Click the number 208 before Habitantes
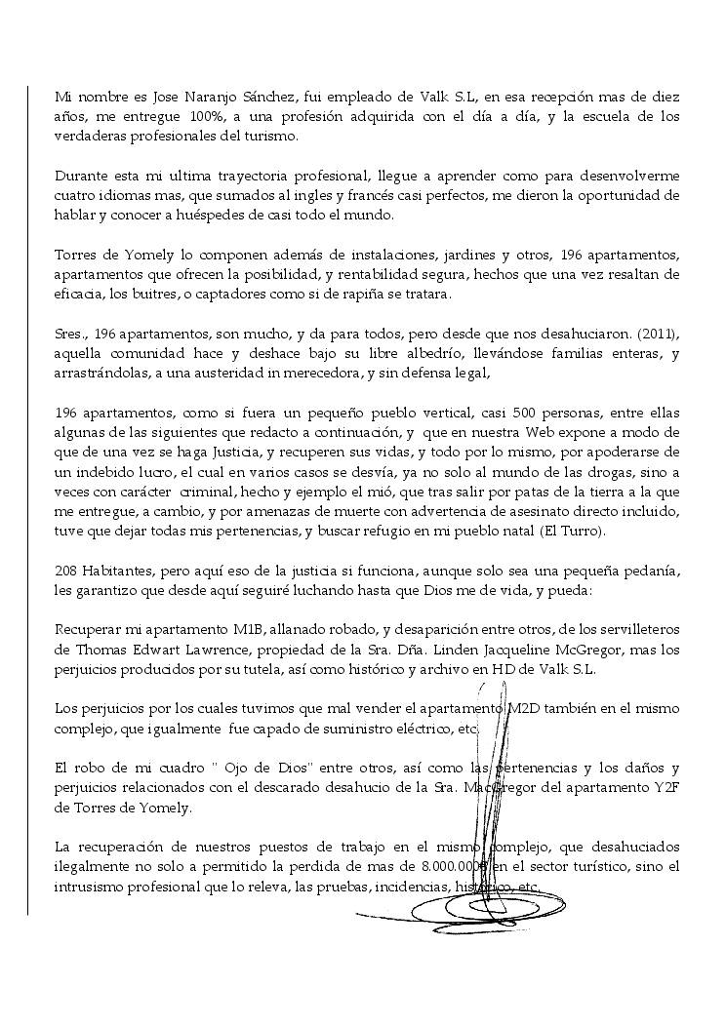tap(67, 570)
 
